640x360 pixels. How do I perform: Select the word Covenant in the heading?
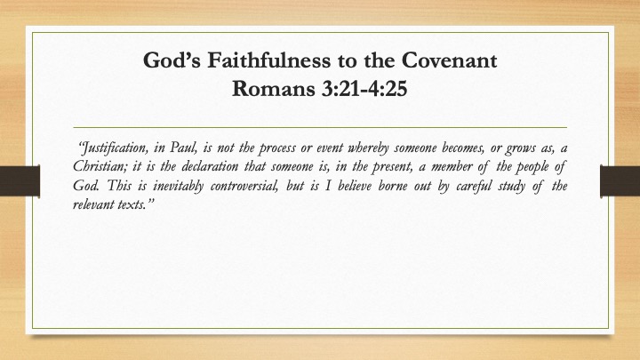point(449,60)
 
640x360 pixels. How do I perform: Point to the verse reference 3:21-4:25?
point(364,88)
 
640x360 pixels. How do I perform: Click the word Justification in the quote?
point(113,148)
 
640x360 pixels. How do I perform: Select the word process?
point(277,148)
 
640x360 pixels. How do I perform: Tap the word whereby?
point(368,148)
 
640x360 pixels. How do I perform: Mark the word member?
point(452,166)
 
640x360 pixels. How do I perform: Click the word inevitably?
point(178,186)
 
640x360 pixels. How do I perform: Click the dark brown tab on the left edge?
point(20,181)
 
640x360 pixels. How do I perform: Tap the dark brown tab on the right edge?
point(620,181)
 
